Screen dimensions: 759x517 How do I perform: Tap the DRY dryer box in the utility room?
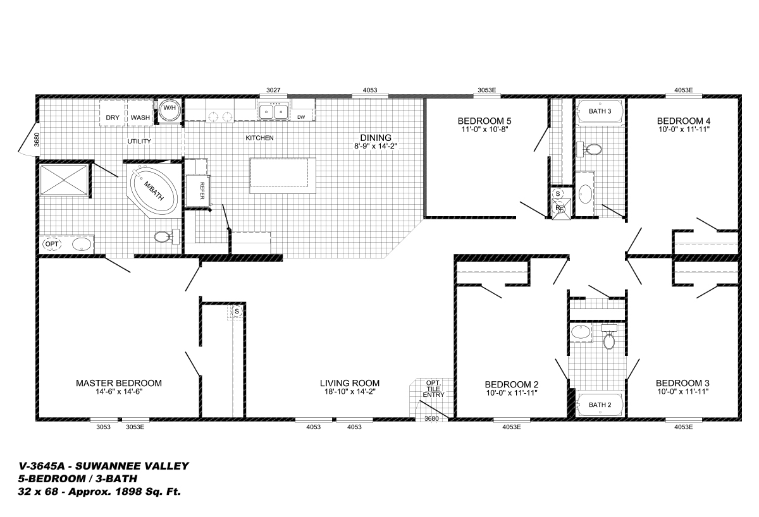[x=113, y=113]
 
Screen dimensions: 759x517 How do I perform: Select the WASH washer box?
[x=140, y=113]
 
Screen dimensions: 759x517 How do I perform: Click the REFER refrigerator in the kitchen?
[x=198, y=191]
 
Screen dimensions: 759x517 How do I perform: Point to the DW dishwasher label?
[x=301, y=117]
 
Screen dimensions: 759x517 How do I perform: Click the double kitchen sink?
[x=273, y=111]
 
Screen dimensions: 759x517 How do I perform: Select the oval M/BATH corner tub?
[x=154, y=191]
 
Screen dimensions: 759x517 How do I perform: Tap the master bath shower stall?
[x=64, y=180]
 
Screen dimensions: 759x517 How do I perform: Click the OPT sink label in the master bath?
[x=52, y=244]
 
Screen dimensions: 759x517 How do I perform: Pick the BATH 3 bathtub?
[x=600, y=111]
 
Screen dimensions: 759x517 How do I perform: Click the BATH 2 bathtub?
[x=600, y=404]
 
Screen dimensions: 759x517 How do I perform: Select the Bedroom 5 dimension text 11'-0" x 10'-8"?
[x=484, y=130]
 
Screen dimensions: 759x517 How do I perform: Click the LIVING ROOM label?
[x=350, y=383]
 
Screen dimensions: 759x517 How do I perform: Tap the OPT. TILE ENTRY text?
[x=433, y=389]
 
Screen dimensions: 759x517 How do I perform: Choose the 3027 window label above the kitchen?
[x=273, y=90]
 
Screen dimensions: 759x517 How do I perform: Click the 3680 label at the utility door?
[x=37, y=140]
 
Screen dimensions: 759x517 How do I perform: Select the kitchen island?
[x=283, y=176]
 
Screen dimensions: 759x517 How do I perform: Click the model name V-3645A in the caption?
[x=41, y=466]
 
